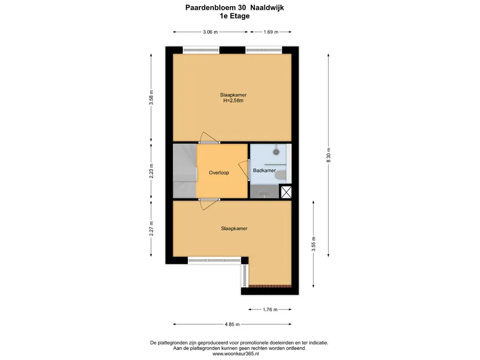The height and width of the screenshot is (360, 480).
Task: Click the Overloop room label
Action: point(219,172)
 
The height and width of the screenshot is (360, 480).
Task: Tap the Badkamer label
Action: point(264,171)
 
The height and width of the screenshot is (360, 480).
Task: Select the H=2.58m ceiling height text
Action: point(233,100)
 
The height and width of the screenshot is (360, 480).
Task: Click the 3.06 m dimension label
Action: point(210,32)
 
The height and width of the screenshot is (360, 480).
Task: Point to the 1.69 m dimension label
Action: point(271,32)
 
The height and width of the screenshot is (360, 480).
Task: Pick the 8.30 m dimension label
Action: point(329,155)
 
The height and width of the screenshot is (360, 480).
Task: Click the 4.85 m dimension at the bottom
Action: point(232,324)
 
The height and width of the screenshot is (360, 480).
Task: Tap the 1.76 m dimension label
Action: point(270,309)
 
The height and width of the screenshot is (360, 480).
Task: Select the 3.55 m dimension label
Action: point(314,244)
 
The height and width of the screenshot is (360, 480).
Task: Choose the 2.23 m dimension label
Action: point(151,171)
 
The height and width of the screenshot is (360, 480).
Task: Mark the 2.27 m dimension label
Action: point(151,229)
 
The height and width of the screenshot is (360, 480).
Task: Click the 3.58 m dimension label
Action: point(151,97)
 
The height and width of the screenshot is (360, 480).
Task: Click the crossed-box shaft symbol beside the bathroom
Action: point(286,192)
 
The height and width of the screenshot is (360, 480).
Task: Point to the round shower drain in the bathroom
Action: point(277,151)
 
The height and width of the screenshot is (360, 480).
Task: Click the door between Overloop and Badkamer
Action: point(244,169)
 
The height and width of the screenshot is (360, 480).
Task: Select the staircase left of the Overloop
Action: point(185,171)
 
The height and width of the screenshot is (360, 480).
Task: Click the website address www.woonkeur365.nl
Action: point(236,353)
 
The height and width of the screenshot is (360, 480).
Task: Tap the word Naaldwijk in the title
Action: point(267,7)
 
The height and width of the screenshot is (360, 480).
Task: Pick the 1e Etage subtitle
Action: point(234,16)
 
